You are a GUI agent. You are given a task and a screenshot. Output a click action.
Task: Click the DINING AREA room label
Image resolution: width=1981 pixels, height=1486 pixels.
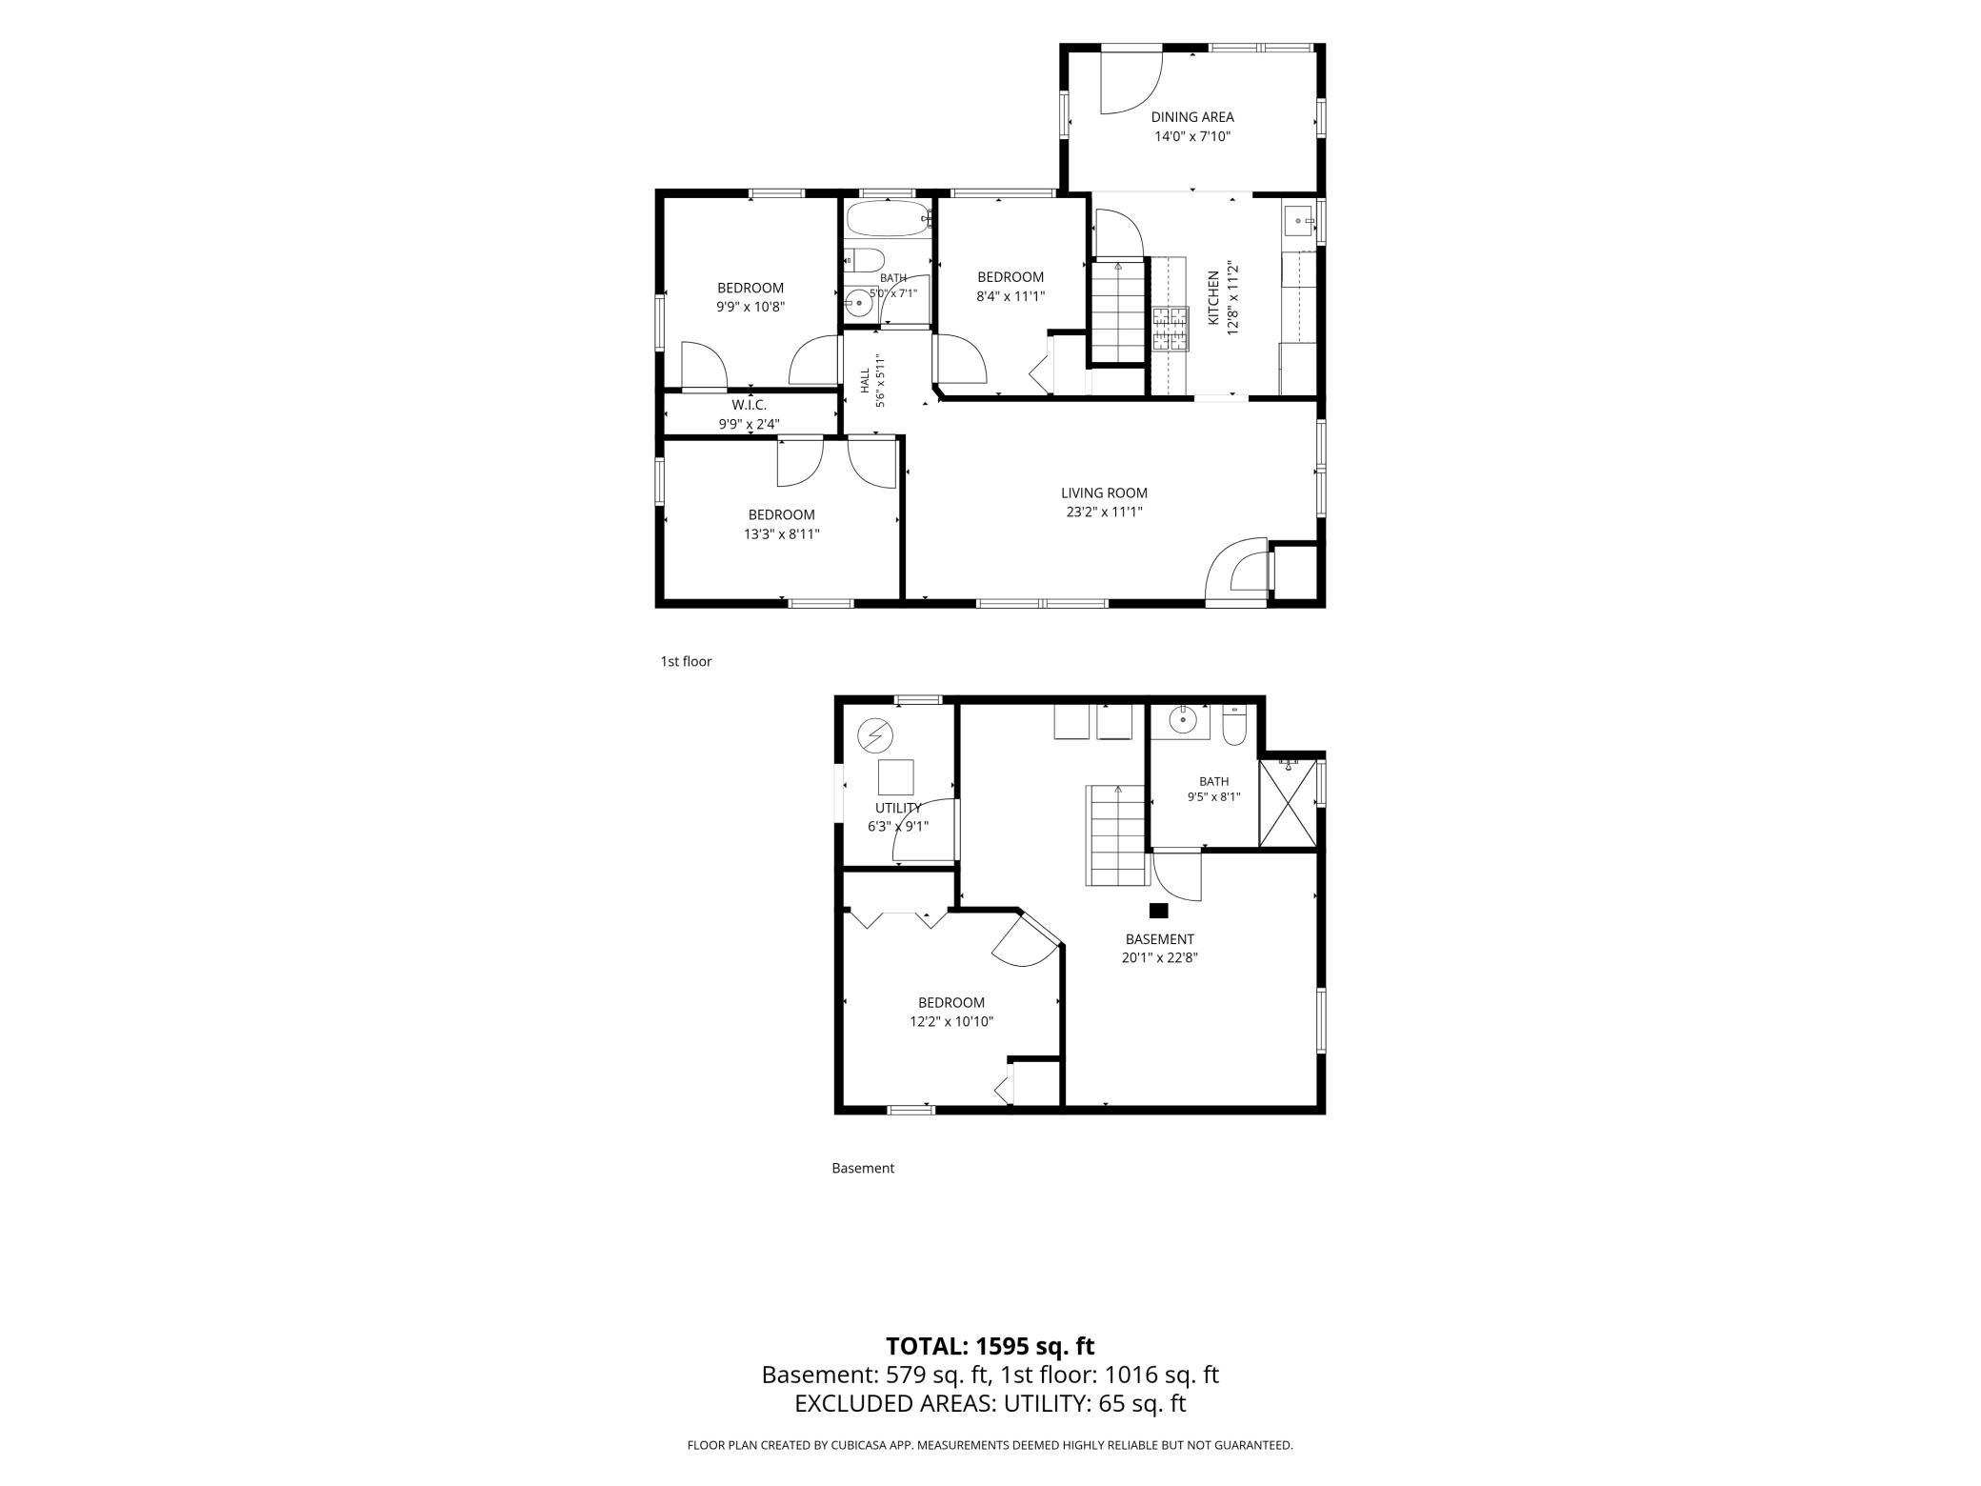(x=1192, y=117)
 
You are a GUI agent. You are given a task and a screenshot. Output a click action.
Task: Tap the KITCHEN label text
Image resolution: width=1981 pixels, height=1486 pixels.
(x=1214, y=298)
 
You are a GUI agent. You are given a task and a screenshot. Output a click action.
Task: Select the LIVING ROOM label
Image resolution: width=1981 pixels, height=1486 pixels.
(x=1105, y=493)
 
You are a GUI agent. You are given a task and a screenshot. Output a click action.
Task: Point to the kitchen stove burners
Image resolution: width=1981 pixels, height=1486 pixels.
(x=1171, y=330)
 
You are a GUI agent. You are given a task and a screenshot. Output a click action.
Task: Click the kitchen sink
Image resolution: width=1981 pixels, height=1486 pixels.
(x=1299, y=221)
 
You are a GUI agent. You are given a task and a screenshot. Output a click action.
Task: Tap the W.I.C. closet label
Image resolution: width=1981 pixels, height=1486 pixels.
(x=750, y=406)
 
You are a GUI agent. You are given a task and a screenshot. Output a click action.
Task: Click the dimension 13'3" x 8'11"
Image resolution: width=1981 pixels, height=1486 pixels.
(x=782, y=534)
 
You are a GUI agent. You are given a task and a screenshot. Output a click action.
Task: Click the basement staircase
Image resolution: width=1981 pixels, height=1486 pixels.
(x=1115, y=835)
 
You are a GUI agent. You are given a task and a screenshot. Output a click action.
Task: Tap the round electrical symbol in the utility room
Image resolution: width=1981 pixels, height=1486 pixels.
(x=875, y=734)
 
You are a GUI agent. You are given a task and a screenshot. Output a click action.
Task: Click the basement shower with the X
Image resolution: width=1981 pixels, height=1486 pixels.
(x=1288, y=803)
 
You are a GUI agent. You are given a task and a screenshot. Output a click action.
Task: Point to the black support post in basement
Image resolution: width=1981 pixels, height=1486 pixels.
(x=1159, y=911)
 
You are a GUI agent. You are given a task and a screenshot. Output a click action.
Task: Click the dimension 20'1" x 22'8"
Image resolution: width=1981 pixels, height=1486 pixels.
(x=1159, y=958)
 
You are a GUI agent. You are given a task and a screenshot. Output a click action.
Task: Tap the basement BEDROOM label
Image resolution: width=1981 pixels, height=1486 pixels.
(x=951, y=1003)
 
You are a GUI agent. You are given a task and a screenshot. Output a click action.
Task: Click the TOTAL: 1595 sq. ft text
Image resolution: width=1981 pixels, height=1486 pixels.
(x=990, y=1346)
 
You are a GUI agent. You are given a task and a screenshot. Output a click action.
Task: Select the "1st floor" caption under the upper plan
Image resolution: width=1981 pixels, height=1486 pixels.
(x=686, y=661)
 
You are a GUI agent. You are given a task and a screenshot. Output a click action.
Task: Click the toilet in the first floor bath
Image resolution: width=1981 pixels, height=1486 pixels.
(x=865, y=260)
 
